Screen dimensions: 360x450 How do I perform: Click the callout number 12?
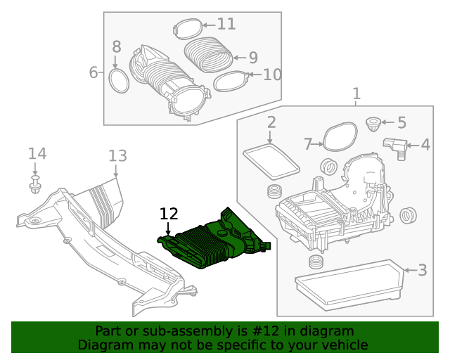[169, 213]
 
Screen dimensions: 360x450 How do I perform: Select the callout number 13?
[117, 155]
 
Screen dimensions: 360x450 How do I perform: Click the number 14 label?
[37, 153]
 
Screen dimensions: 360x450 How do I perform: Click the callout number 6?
[93, 72]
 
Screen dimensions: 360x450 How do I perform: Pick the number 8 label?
[117, 47]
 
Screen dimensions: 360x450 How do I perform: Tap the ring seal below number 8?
[120, 81]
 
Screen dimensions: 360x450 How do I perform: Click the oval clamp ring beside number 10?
[229, 82]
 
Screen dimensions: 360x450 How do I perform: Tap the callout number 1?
[356, 94]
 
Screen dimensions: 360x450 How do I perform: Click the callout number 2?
[271, 123]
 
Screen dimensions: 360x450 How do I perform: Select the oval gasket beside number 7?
[340, 135]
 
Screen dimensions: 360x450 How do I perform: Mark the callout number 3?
[422, 269]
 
